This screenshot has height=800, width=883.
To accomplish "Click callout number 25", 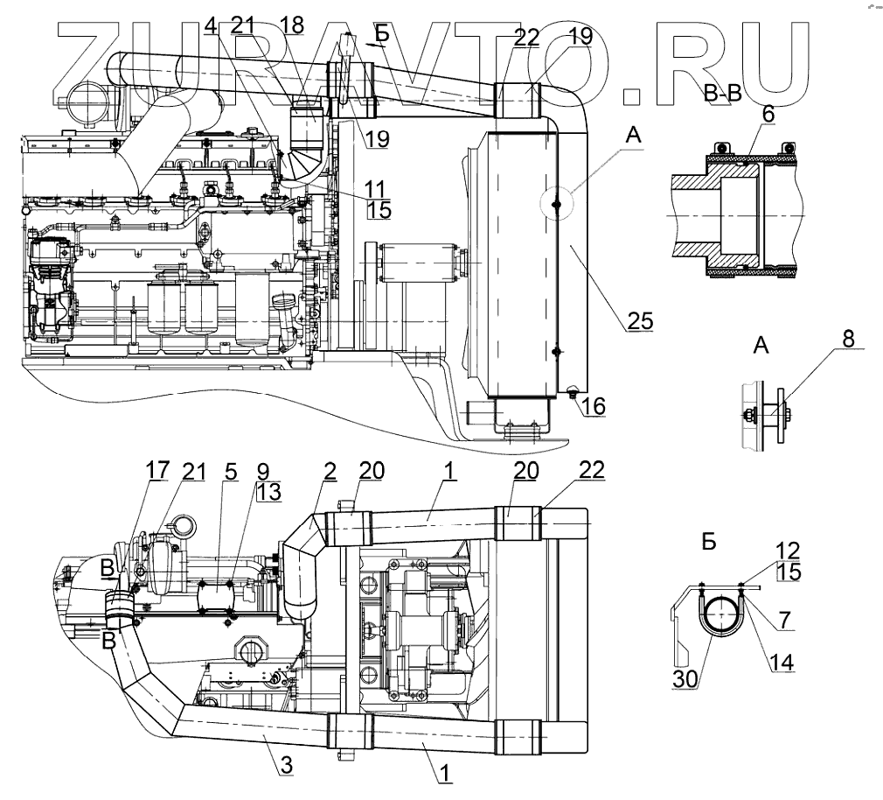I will click(640, 321).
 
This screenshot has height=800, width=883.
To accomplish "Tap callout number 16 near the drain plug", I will click(595, 406).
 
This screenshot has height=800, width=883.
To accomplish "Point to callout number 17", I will click(157, 472).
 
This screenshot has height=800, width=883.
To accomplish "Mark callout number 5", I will click(231, 472).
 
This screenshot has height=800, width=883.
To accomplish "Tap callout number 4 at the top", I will click(210, 25).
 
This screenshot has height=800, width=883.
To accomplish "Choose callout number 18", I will click(292, 25).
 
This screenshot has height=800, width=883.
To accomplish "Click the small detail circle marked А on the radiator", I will click(557, 204).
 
